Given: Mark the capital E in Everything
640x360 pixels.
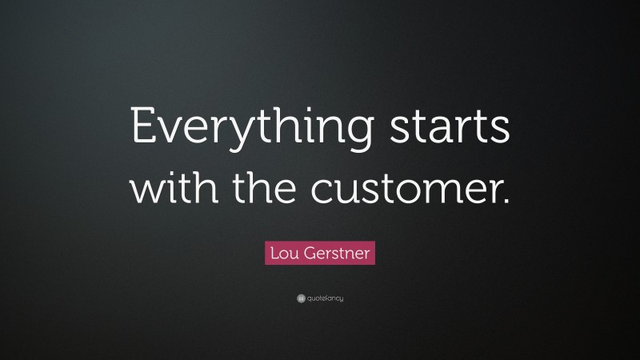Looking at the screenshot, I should coord(141,128).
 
